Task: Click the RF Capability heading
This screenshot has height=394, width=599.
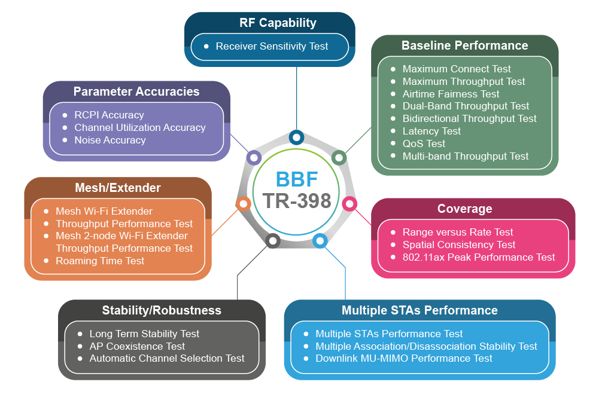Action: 278,23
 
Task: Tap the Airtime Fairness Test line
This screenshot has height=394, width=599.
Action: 451,94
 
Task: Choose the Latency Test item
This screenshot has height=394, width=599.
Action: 431,131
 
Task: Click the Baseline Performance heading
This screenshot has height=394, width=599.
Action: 464,45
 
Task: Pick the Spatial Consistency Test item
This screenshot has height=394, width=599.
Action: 459,245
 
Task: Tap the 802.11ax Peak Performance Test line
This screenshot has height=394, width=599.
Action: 479,257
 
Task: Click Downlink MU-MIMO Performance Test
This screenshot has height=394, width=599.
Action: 404,358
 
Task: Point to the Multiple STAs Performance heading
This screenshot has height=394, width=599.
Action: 419,310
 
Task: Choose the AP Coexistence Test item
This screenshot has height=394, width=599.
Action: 137,346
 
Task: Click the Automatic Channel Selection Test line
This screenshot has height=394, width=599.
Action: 167,358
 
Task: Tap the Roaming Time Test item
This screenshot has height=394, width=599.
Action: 100,261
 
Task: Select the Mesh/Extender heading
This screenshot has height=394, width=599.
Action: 118,188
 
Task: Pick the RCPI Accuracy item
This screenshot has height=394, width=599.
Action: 109,115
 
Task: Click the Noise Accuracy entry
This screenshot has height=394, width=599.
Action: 110,140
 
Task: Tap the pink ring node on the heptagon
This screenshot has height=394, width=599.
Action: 349,203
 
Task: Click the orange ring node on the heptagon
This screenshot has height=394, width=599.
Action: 243,204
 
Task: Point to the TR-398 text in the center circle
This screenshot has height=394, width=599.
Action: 297,201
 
